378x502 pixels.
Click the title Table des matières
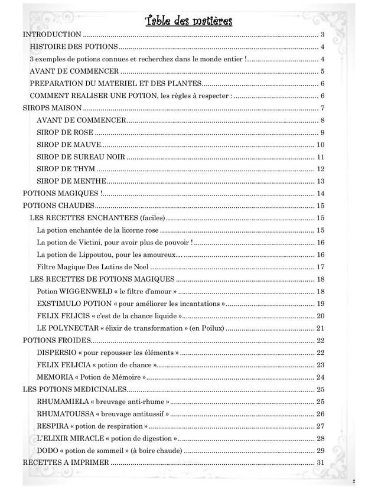pos(189,22)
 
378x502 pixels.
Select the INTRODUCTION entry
pos(52,35)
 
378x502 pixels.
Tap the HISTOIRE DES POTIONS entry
pos(74,47)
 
